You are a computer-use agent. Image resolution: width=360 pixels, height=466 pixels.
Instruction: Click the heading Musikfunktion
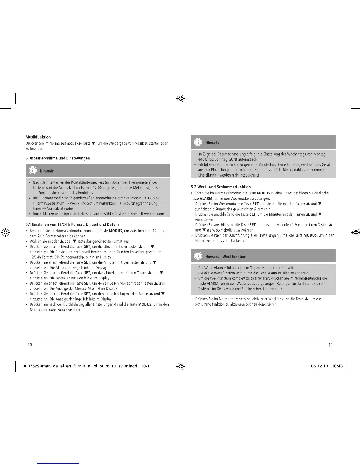coord(38,137)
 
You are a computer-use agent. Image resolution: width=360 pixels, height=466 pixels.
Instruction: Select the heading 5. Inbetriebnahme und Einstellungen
coord(58,158)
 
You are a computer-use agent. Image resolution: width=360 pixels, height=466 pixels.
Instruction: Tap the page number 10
coord(30,345)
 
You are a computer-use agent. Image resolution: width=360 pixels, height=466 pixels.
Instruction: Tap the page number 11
coord(331,345)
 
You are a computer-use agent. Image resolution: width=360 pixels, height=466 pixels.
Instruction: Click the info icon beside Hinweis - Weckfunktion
coord(198,256)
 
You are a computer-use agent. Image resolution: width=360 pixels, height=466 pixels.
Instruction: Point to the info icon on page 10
coord(33,171)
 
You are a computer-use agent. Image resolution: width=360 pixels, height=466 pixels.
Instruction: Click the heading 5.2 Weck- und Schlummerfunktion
coord(221,187)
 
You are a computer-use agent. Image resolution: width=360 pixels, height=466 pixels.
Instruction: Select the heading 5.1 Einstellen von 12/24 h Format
coord(72,224)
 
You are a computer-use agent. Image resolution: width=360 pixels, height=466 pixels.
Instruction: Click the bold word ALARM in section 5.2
coord(206,199)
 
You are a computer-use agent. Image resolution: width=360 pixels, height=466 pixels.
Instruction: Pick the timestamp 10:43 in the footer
coord(337,366)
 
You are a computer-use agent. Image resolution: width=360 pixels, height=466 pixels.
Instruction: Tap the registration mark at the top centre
coord(181,99)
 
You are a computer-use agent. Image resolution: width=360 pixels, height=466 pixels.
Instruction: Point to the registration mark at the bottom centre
coord(181,366)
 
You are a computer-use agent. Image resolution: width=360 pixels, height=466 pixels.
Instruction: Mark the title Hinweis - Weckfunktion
coord(226,257)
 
